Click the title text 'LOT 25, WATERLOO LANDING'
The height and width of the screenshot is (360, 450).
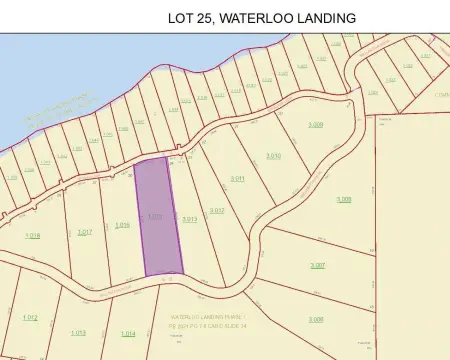263,18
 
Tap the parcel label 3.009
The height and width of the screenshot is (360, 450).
316,124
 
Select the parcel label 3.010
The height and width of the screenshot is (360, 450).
273,156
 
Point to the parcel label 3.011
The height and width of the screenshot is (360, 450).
238,178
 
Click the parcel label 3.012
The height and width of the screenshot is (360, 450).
217,210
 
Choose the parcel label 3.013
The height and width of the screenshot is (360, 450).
189,218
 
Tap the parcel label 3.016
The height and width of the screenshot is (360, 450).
123,225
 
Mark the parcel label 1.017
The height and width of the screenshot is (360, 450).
85,231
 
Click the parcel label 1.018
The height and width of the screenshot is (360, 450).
32,235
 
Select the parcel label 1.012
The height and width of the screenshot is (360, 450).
30,318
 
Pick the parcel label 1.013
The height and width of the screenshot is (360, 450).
78,332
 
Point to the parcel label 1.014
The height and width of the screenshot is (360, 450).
127,333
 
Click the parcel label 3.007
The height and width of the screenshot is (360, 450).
317,264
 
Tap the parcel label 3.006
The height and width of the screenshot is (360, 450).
316,319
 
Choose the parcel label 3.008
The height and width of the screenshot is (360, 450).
344,199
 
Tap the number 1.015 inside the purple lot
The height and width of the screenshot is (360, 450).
155,216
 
